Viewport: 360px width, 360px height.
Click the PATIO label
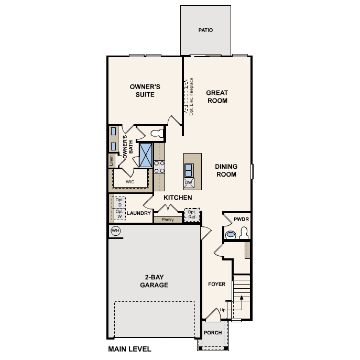205,30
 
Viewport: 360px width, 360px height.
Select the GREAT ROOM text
216,96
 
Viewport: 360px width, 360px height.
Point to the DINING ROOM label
226,170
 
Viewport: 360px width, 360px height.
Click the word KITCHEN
178,198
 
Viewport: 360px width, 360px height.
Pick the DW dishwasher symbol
189,183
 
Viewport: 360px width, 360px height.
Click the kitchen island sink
189,170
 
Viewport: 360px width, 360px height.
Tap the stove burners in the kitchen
159,166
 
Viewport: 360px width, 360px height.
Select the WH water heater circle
115,231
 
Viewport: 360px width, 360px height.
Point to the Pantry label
168,220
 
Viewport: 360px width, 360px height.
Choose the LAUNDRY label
139,213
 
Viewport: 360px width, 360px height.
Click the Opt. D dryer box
119,202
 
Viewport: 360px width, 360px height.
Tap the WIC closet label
130,182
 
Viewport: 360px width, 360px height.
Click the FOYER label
216,284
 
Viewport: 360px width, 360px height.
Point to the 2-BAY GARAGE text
154,281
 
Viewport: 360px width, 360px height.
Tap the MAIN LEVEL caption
129,349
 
